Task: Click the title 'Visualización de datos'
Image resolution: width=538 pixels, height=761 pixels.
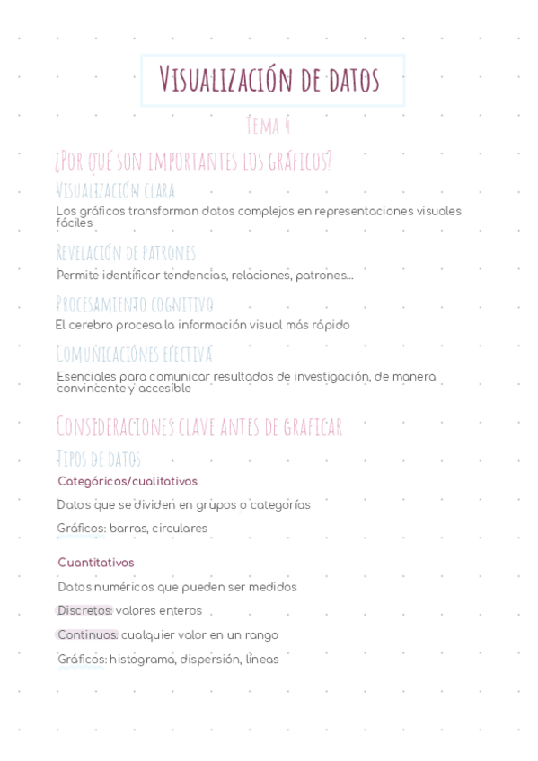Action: coord(269,80)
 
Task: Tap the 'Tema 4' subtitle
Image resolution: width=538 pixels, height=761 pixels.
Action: coord(269,126)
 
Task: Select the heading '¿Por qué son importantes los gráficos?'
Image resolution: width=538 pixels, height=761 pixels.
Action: coord(193,162)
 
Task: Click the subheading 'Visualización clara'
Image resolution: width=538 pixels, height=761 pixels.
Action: coord(115,190)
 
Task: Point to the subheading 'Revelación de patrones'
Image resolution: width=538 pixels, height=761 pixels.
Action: coord(126,253)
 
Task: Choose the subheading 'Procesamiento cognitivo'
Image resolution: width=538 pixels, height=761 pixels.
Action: coord(135,304)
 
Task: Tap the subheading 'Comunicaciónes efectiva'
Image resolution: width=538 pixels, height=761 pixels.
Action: coord(135,354)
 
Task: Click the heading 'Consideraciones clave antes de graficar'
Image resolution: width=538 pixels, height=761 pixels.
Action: coord(198,426)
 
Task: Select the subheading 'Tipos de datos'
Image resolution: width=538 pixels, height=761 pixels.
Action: coord(98,459)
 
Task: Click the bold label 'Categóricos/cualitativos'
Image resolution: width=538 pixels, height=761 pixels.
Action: coord(128,482)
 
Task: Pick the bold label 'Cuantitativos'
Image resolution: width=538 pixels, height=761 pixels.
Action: coord(96,563)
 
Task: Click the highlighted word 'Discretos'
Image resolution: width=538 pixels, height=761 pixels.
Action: coord(84,611)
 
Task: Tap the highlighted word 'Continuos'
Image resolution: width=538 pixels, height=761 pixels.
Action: coord(87,635)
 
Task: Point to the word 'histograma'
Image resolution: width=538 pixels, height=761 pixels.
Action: coord(142,660)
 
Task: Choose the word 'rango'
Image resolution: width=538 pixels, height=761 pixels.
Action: coord(260,635)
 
